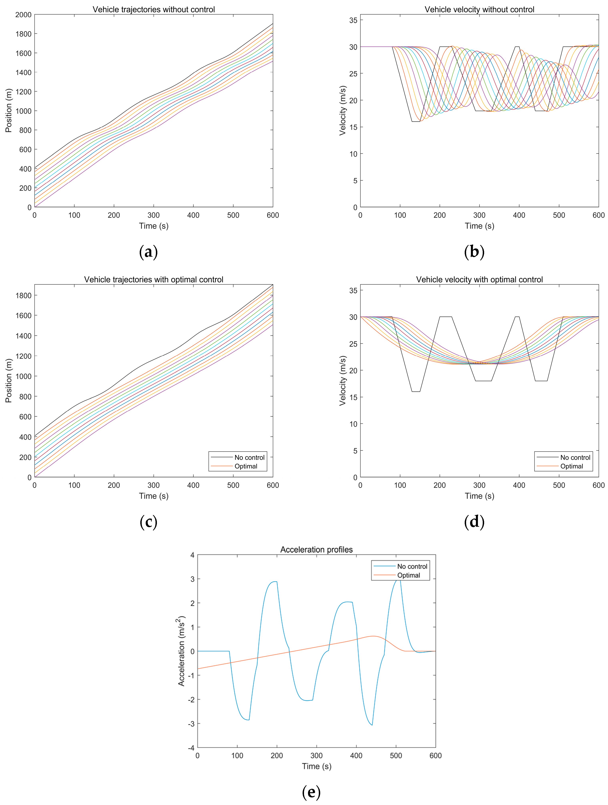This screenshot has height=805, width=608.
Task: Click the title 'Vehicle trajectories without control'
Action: pyautogui.click(x=154, y=9)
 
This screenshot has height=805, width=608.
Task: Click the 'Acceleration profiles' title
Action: pyautogui.click(x=316, y=550)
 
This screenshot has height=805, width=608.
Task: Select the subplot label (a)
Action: pyautogui.click(x=148, y=252)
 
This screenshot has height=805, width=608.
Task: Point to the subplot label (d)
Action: pyautogui.click(x=474, y=522)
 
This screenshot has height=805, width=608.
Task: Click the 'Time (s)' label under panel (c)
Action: pyautogui.click(x=154, y=496)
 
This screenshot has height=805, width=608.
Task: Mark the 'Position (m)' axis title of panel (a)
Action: pyautogui.click(x=9, y=111)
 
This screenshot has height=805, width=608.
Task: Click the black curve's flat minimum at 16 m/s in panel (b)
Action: pyautogui.click(x=416, y=122)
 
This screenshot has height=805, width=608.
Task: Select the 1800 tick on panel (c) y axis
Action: pyautogui.click(x=23, y=295)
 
